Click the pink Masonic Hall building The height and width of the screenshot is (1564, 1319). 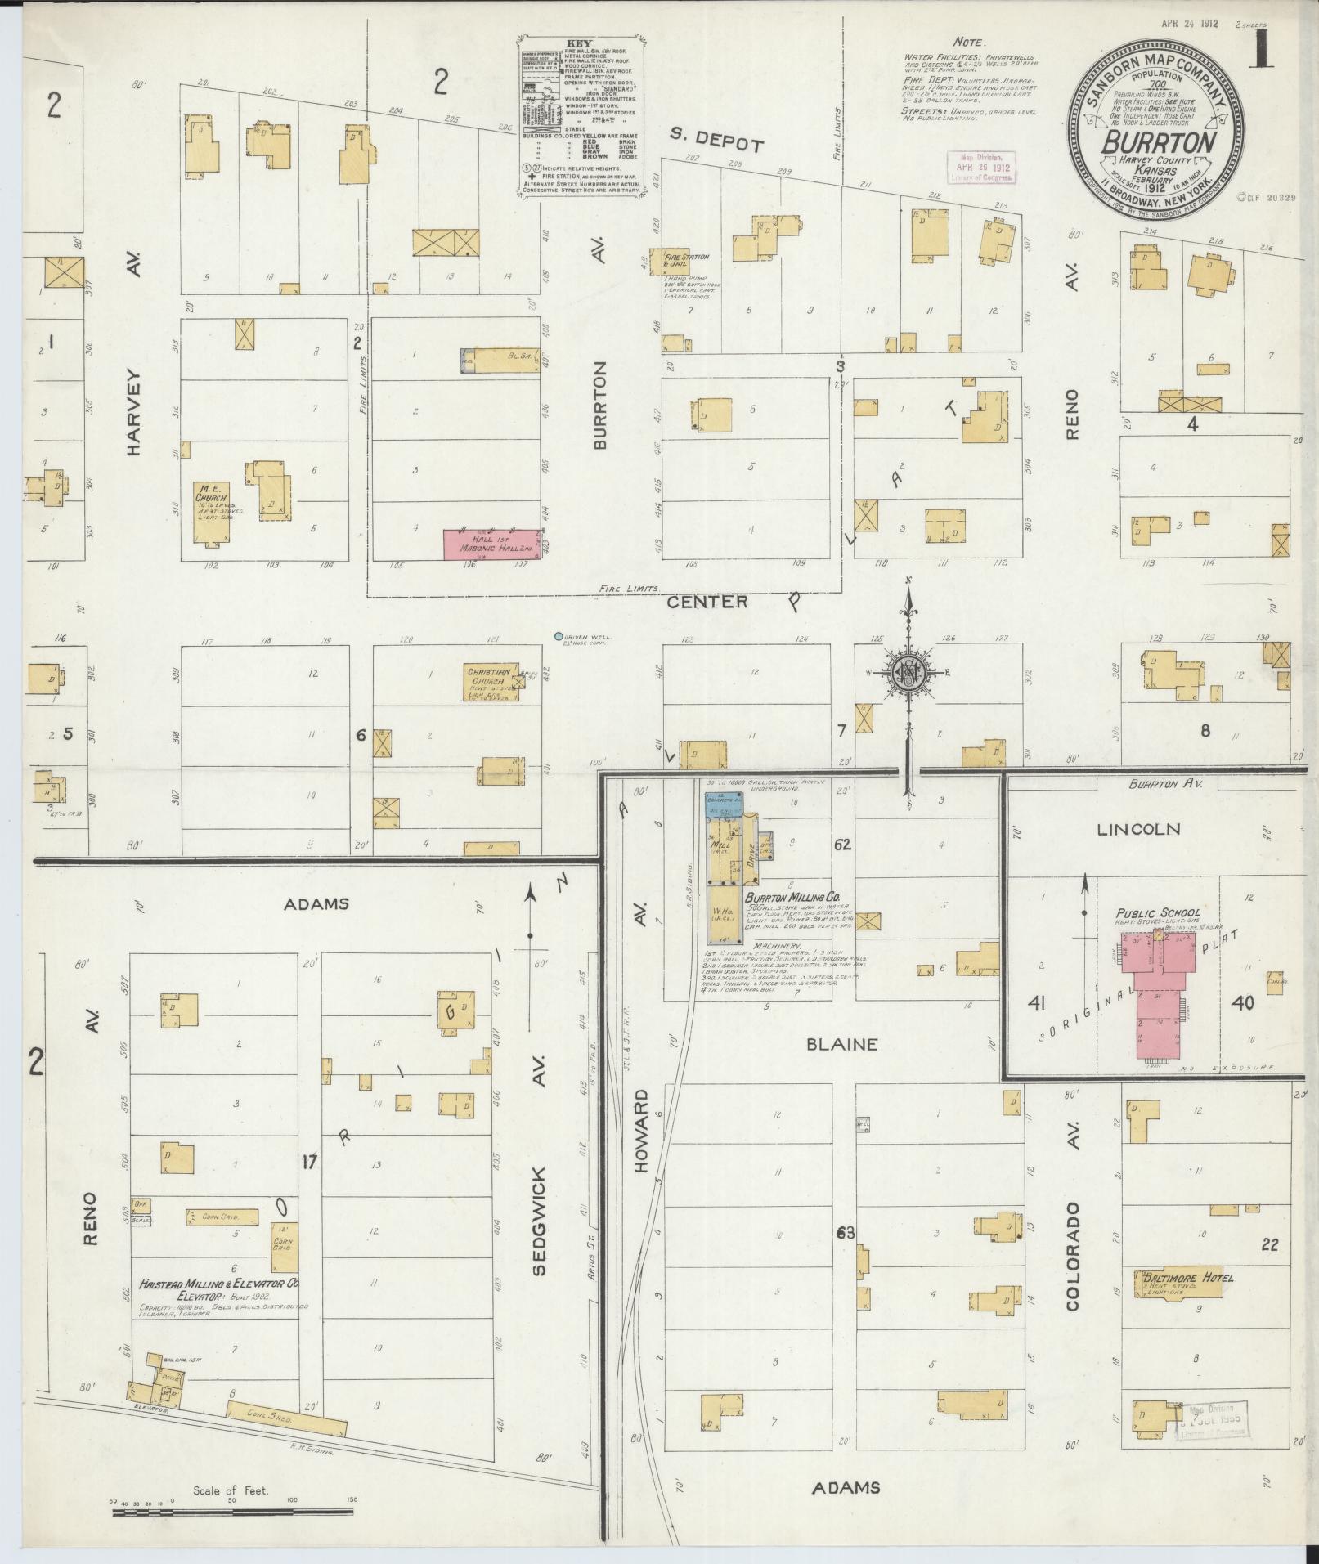491,544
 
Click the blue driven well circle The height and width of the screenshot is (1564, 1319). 558,636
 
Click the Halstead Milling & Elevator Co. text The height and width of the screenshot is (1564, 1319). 218,1307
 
